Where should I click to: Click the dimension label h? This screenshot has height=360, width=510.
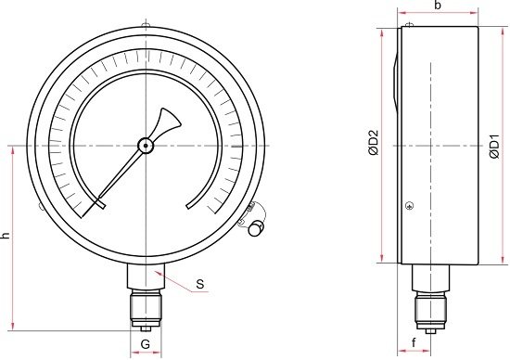coord(6,236)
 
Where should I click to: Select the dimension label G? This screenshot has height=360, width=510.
coord(146,343)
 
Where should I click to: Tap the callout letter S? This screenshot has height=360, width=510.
coord(200,284)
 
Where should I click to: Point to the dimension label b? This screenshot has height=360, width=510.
coord(438,6)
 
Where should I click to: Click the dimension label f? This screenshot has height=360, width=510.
coord(414,342)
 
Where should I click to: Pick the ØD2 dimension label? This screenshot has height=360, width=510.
coord(374,143)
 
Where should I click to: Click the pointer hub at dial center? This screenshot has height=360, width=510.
coord(145,146)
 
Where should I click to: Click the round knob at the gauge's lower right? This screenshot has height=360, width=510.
coord(256,228)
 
